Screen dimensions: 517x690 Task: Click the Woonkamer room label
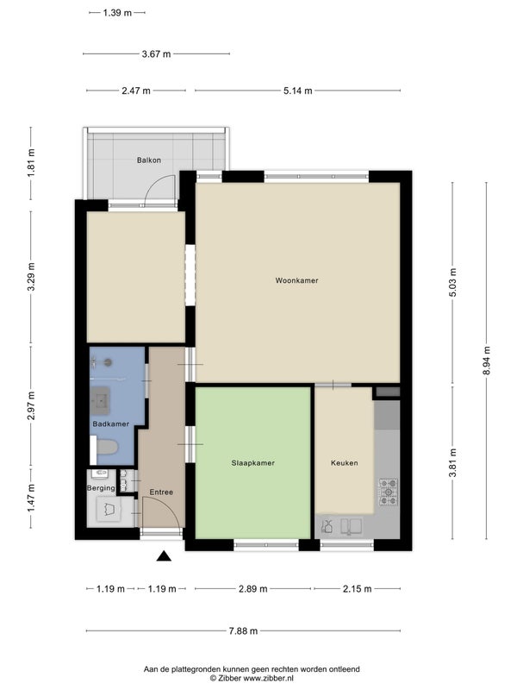(x=296, y=280)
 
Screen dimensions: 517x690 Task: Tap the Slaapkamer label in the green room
(x=252, y=463)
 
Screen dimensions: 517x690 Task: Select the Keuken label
(x=344, y=463)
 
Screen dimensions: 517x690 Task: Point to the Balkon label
(x=148, y=160)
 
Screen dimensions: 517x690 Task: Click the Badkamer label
(x=111, y=423)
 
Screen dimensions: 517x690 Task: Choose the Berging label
(x=101, y=488)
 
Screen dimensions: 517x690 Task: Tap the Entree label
(x=161, y=492)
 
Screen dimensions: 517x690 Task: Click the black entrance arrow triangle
(x=164, y=556)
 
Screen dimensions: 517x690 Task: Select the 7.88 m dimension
(x=243, y=631)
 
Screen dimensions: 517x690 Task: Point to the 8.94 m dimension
(x=486, y=361)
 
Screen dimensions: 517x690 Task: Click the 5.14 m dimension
(x=297, y=91)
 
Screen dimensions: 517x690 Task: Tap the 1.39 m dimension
(x=117, y=13)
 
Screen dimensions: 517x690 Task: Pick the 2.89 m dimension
(x=252, y=589)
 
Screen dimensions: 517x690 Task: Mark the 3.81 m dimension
(x=453, y=462)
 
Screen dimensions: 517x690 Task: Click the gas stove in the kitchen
(x=389, y=492)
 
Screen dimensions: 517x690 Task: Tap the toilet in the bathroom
(x=104, y=448)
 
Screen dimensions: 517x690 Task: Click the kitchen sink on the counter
(x=352, y=526)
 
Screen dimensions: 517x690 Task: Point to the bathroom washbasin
(x=100, y=401)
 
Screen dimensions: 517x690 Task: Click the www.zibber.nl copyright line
(x=252, y=679)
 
